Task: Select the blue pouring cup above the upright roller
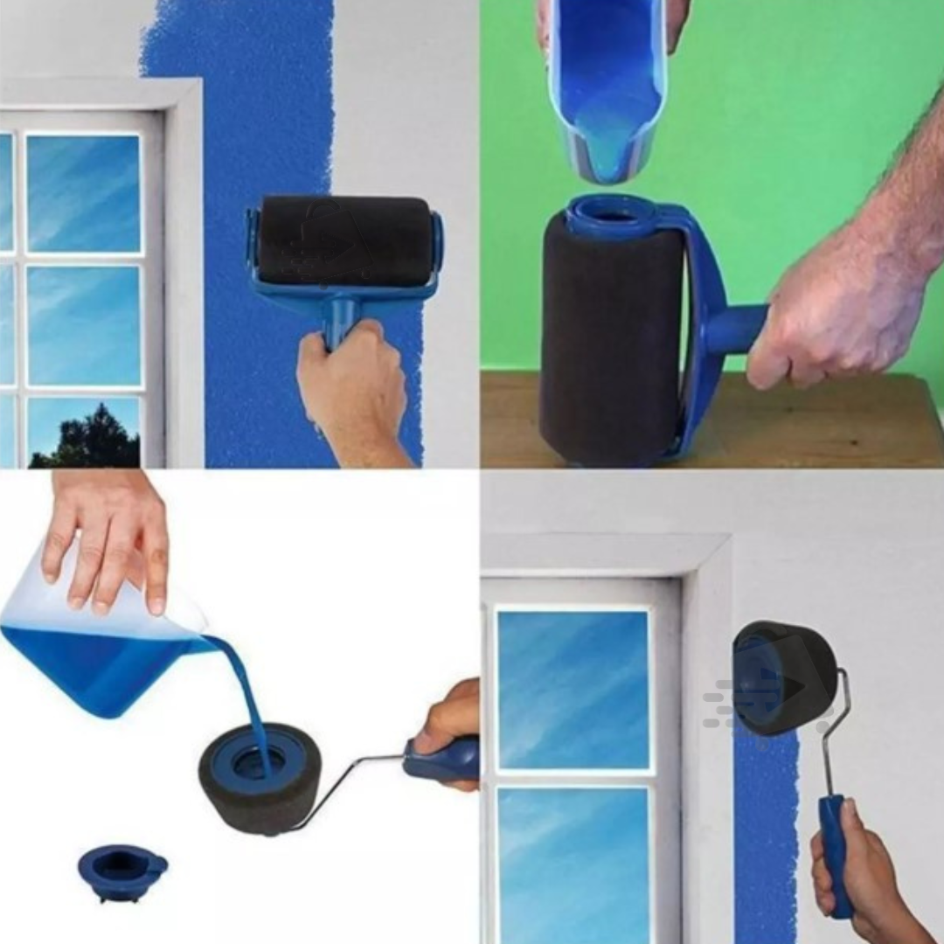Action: (x=607, y=87)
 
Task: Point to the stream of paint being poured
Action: (x=245, y=691)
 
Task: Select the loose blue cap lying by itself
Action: (x=122, y=871)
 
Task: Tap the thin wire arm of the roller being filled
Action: (x=350, y=782)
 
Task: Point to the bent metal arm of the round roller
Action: (x=835, y=734)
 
